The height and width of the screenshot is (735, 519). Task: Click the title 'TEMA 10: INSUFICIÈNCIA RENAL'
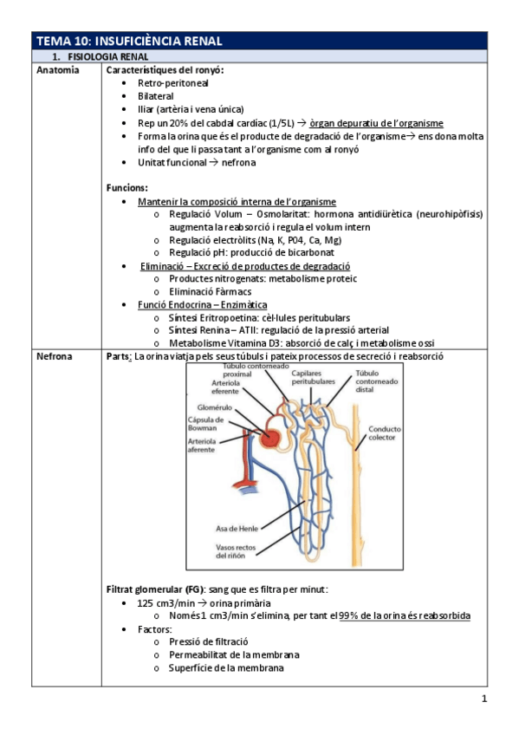[129, 40]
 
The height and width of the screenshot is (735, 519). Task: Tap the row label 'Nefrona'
[55, 356]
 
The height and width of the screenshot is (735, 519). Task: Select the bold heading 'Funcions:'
[127, 187]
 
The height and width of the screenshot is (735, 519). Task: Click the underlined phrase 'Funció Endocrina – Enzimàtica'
[202, 304]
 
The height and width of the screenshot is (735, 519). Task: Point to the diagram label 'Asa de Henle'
[237, 529]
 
